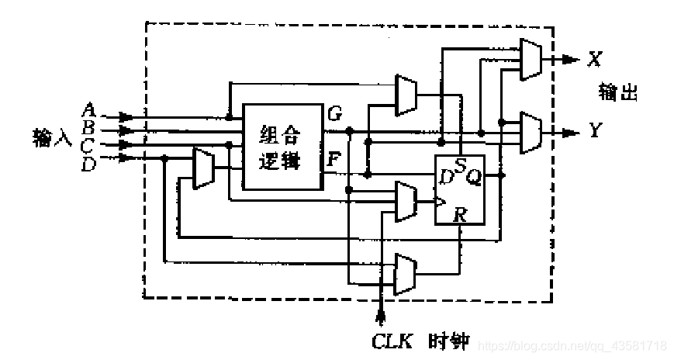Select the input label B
pos(89,126)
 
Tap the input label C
pos(88,144)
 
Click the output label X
pos(596,59)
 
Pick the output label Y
pos(596,130)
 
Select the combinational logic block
pos(282,147)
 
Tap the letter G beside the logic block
pos(334,114)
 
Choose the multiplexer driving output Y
pos(531,132)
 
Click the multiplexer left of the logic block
pos(202,168)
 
